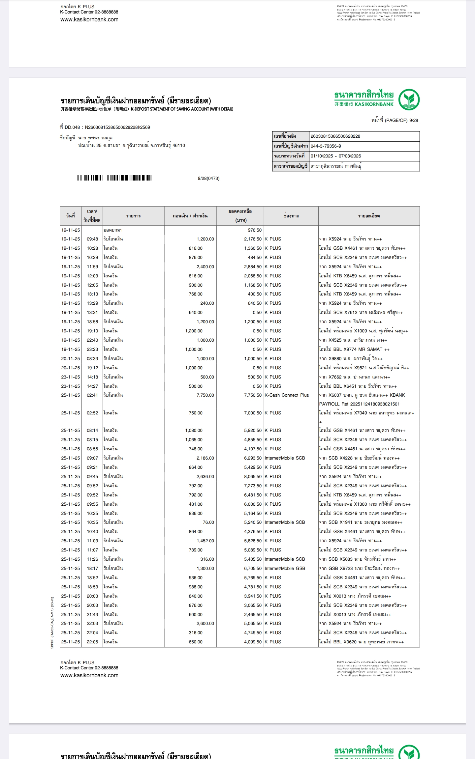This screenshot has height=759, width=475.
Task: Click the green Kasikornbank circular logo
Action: [409, 99]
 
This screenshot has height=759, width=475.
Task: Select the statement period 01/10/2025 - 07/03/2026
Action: [335, 156]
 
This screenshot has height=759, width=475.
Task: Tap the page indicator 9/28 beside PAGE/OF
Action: [413, 121]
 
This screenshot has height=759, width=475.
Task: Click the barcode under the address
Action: [114, 178]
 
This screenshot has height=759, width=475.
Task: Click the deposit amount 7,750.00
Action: [205, 395]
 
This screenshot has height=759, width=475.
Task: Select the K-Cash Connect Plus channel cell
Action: [287, 395]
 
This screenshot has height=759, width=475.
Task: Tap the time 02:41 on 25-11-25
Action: [92, 395]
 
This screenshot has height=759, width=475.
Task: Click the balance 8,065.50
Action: [253, 477]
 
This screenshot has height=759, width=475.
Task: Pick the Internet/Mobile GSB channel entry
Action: [285, 569]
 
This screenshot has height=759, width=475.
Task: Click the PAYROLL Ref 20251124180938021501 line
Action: [359, 404]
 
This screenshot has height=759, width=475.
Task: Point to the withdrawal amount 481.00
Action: [196, 504]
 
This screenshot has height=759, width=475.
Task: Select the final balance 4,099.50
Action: [253, 642]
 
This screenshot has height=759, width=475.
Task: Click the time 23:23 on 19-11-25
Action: [92, 350]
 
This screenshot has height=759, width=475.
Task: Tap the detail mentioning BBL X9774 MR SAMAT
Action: [354, 350]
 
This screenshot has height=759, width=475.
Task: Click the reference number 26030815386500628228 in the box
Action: [335, 136]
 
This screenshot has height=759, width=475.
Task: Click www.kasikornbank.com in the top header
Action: [89, 19]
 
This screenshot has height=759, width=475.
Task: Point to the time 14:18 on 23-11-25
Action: [92, 377]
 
